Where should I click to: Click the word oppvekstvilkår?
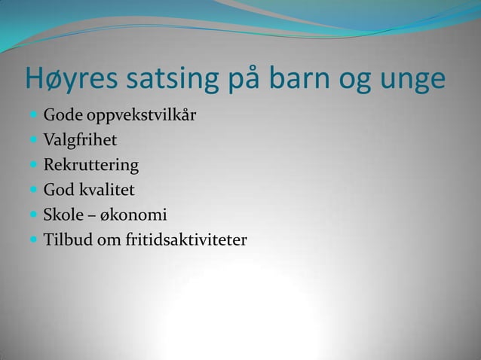[138, 117]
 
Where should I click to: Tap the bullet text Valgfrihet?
[80, 141]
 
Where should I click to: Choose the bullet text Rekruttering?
[90, 165]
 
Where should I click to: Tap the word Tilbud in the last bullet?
[65, 239]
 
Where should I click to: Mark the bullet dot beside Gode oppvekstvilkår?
[34, 117]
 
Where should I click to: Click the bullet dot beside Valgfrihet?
[34, 141]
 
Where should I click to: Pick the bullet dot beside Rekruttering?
[34, 165]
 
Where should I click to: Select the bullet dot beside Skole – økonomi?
[34, 215]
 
